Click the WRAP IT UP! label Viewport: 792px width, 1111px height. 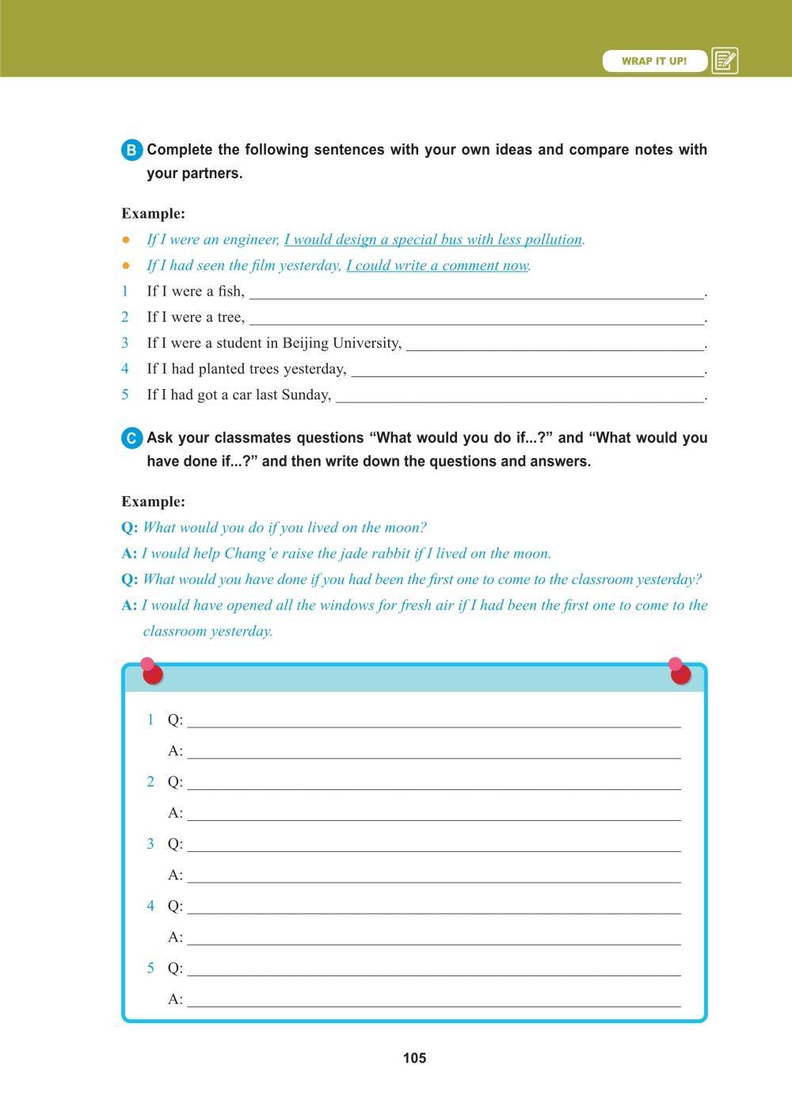point(654,61)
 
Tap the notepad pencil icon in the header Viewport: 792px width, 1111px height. point(725,61)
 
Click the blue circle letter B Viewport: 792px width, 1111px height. point(132,151)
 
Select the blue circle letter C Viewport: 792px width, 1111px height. point(132,438)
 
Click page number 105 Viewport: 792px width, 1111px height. point(414,1058)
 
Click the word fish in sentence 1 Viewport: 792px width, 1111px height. point(230,291)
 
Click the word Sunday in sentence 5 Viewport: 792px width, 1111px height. point(306,395)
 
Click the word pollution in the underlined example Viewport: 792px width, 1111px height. point(554,239)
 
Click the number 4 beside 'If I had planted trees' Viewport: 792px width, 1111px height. point(125,368)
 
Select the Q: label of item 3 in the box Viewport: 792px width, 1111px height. point(175,844)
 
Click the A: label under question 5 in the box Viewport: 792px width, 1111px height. point(175,999)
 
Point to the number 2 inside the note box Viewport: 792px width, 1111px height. point(150,781)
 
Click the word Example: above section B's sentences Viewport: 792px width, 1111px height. point(153,213)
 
